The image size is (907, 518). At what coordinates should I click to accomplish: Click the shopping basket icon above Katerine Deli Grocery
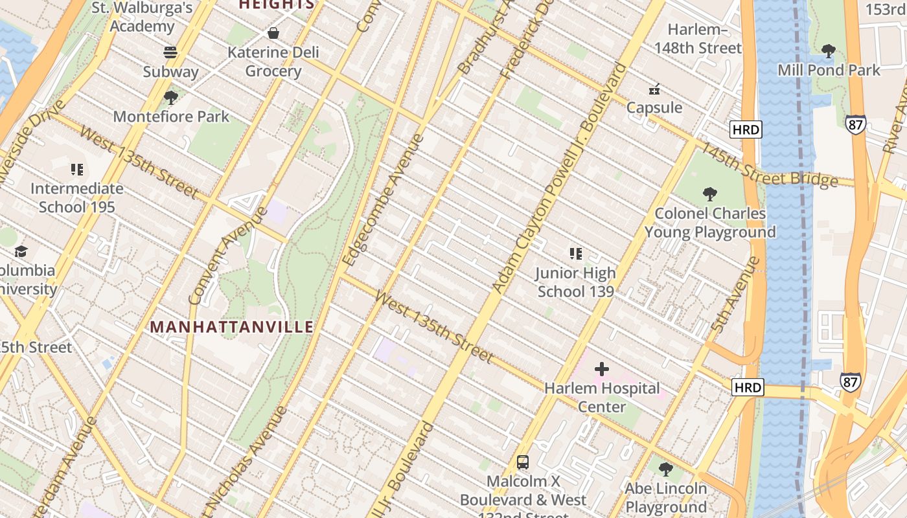[x=273, y=33]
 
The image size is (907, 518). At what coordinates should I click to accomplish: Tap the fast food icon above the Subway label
[x=170, y=52]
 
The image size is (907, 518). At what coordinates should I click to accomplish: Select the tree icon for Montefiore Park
[x=171, y=98]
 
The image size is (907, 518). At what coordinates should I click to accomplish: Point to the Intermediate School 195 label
[x=77, y=197]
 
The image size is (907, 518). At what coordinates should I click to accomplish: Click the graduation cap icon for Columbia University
[x=21, y=251]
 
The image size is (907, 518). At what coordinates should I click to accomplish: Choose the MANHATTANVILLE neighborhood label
[x=232, y=327]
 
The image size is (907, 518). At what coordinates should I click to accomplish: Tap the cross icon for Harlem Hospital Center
[x=602, y=369]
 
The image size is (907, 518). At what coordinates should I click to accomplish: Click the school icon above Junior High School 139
[x=575, y=254]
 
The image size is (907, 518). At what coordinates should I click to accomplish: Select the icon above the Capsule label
[x=654, y=89]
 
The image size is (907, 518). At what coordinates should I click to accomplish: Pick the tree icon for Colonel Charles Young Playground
[x=710, y=194]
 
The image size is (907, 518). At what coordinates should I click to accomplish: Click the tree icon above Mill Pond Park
[x=828, y=51]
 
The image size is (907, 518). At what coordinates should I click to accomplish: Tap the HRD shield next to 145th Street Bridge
[x=745, y=129]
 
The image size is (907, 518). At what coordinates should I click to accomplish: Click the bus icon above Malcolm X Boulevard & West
[x=523, y=462]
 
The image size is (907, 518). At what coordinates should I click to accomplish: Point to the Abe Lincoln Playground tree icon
[x=665, y=469]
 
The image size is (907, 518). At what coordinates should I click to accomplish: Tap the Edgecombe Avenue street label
[x=383, y=199]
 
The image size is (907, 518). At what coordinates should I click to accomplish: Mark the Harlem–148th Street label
[x=698, y=39]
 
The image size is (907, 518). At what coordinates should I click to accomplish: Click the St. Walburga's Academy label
[x=142, y=17]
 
